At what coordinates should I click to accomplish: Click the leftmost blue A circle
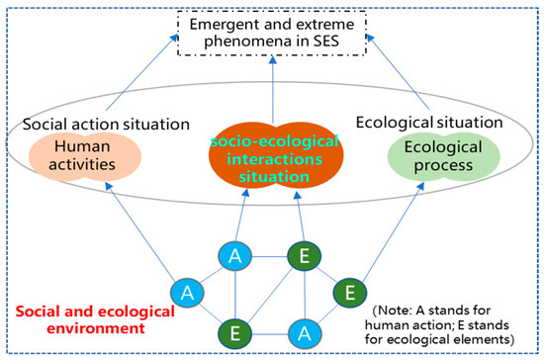coord(186,293)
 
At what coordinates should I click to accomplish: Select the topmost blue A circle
coord(233,256)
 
